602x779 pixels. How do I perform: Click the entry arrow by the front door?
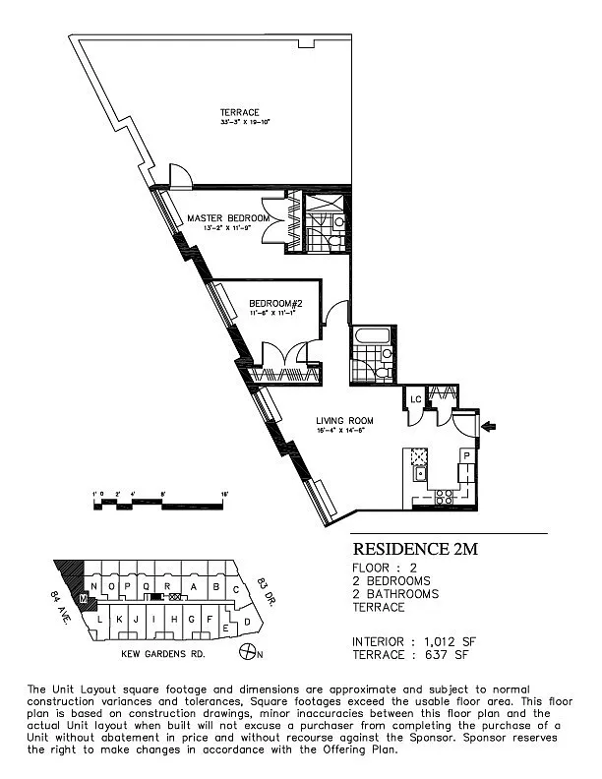tap(491, 426)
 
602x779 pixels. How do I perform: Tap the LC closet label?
tap(416, 400)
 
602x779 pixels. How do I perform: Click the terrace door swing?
tap(178, 176)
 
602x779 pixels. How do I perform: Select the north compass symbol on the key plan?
tap(251, 652)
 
